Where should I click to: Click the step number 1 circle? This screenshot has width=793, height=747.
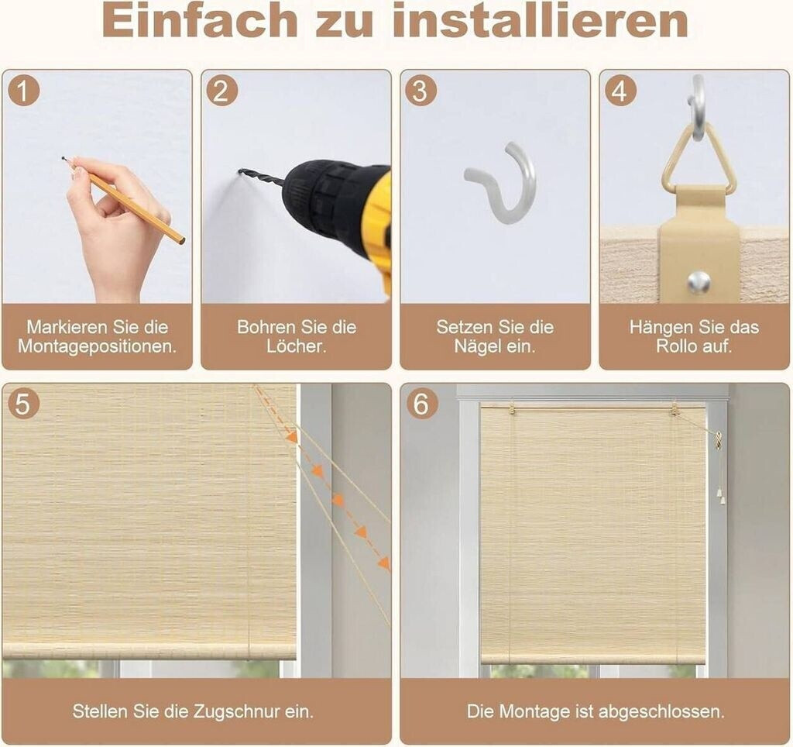click(24, 91)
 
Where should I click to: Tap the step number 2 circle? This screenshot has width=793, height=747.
click(222, 91)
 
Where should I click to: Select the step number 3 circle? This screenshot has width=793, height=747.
click(421, 91)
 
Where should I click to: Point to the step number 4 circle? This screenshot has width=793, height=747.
click(620, 91)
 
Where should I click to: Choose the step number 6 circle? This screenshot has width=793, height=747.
click(421, 404)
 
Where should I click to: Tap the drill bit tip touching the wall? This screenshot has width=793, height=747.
click(239, 171)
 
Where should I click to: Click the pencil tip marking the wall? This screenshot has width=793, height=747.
click(64, 158)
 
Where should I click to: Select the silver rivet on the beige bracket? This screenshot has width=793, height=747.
click(698, 281)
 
